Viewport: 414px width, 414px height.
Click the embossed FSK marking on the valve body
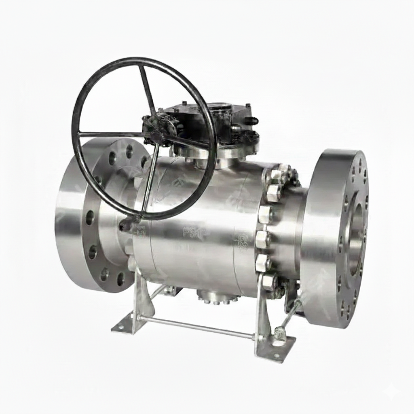click(193, 232)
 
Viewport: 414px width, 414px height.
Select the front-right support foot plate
click(275, 350)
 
